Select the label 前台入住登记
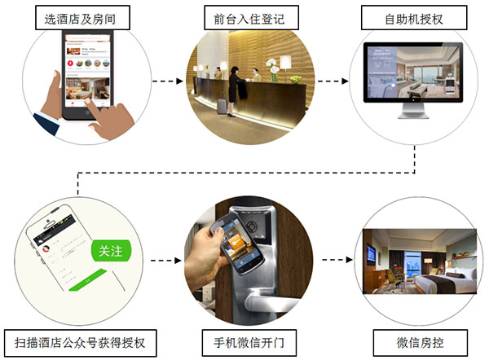click(x=244, y=17)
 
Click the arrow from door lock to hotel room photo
click(x=330, y=261)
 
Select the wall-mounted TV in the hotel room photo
click(x=371, y=255)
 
